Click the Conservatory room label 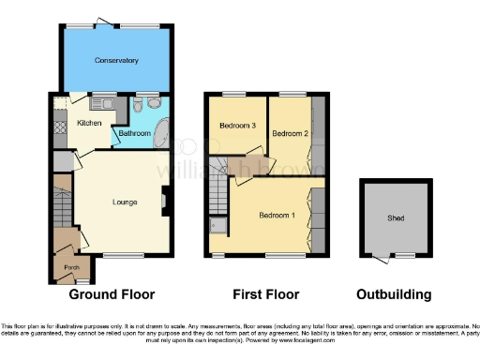[116, 61]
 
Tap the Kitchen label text [89, 123]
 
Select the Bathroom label [134, 134]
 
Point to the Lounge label [126, 202]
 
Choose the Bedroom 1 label [277, 216]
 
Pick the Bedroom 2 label [290, 134]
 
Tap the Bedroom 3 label [237, 126]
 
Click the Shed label [397, 218]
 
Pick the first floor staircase [217, 192]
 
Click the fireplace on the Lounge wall [166, 200]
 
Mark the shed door [380, 257]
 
